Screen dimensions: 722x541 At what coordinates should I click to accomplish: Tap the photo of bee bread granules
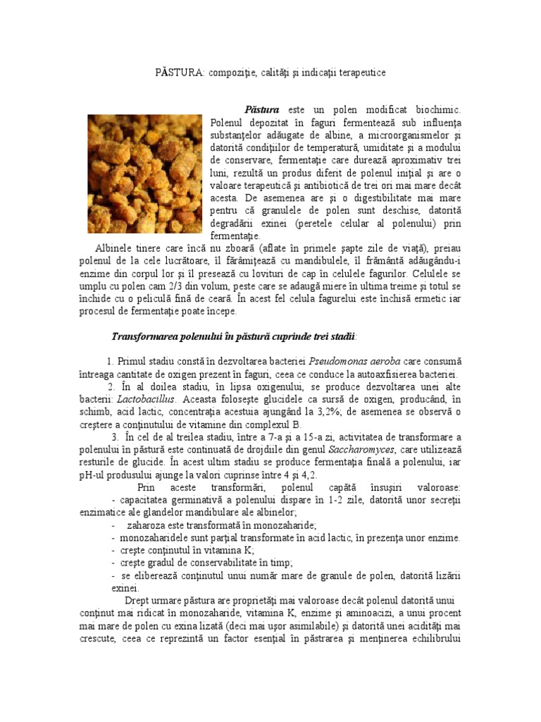pyautogui.click(x=145, y=173)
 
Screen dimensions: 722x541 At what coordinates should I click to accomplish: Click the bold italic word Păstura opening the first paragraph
pyautogui.click(x=261, y=110)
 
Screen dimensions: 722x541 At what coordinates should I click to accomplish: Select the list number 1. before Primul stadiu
pyautogui.click(x=111, y=361)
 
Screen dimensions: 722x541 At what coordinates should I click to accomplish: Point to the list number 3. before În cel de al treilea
pyautogui.click(x=115, y=437)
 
